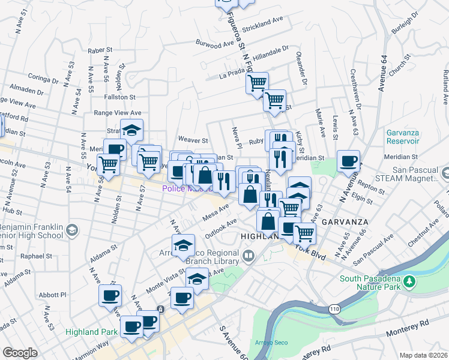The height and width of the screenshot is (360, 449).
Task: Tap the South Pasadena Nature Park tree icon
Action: click(411, 281)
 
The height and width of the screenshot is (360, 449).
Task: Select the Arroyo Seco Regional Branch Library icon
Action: click(249, 257)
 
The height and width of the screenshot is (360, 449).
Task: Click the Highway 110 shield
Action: click(335, 308)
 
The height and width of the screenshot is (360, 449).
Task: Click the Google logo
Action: click(20, 353)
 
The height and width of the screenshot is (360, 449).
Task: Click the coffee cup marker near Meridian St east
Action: click(348, 161)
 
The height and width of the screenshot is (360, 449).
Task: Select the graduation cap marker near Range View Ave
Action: click(131, 130)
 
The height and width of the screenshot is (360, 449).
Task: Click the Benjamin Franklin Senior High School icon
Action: click(71, 230)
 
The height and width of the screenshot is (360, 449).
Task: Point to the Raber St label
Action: click(100, 52)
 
